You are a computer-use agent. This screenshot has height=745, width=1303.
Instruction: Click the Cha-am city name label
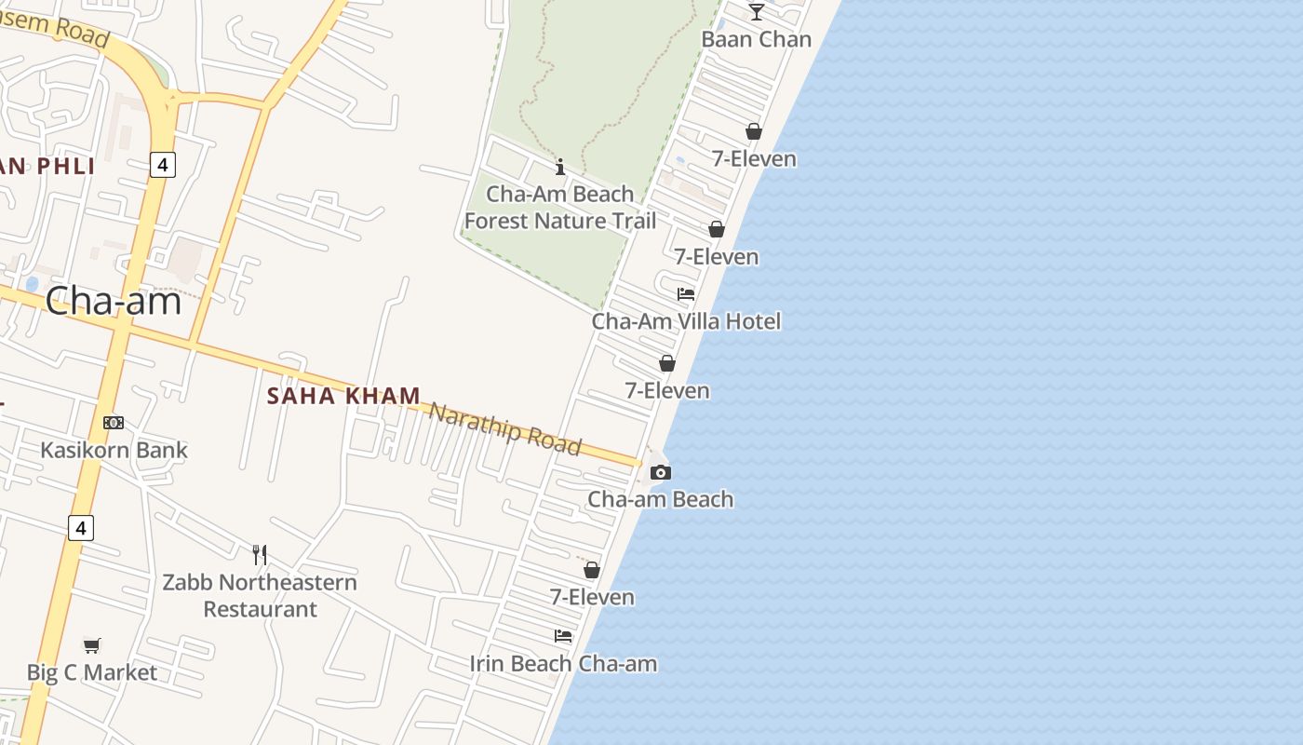[113, 301]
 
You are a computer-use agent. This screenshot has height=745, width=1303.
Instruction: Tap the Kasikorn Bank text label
[114, 450]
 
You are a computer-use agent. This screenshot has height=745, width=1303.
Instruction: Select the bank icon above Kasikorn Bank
[114, 423]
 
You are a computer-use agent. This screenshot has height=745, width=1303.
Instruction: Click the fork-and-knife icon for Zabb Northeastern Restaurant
[260, 555]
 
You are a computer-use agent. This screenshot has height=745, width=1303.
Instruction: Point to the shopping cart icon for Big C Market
[91, 645]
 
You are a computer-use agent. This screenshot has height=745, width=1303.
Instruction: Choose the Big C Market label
[91, 672]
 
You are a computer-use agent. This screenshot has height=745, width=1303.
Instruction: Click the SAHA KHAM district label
[343, 396]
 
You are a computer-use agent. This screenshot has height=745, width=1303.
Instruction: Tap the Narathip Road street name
[504, 428]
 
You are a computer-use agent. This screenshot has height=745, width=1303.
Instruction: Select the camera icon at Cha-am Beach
[661, 473]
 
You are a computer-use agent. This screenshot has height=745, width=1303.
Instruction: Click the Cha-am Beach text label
[660, 499]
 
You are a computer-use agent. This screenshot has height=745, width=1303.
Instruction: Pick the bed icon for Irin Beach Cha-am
[563, 636]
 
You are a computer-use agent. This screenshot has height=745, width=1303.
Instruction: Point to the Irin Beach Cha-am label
[563, 664]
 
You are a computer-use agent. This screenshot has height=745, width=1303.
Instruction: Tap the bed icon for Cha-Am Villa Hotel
[686, 294]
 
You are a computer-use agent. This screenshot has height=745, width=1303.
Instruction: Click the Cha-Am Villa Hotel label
[686, 321]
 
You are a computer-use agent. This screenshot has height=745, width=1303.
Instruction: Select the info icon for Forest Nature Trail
[560, 168]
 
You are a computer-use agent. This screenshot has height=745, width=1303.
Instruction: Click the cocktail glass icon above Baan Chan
[757, 12]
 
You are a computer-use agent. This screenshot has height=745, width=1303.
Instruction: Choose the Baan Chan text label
[756, 39]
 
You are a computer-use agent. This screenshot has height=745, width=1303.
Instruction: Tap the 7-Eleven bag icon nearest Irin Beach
[592, 570]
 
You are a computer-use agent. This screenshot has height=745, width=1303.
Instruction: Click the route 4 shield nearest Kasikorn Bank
[81, 528]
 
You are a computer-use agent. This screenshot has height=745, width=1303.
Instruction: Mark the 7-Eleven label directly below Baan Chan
[754, 159]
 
